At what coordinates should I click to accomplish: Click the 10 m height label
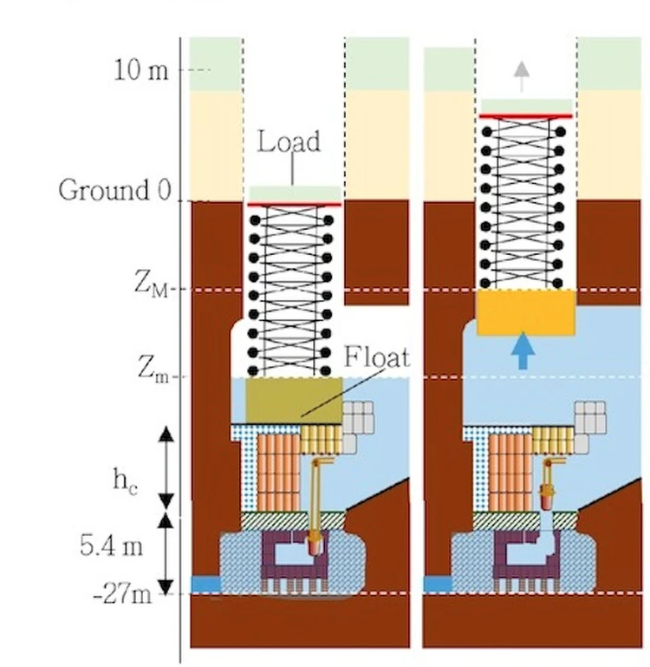tap(141, 70)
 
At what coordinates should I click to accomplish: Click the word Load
tap(289, 141)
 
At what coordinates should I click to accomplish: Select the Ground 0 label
tap(114, 190)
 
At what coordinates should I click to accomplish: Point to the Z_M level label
tap(155, 283)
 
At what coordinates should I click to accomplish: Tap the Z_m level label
tap(153, 369)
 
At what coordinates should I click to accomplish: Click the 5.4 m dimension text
tap(119, 547)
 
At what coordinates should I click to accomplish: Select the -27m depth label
tap(133, 594)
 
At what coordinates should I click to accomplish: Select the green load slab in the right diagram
tap(526, 107)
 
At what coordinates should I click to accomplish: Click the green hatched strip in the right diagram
tap(526, 520)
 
